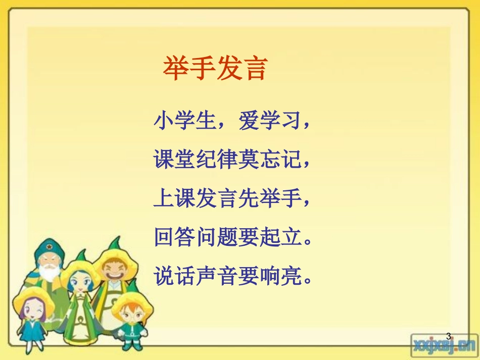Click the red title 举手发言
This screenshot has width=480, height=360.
pos(214,69)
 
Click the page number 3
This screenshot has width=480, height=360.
pos(448,336)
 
